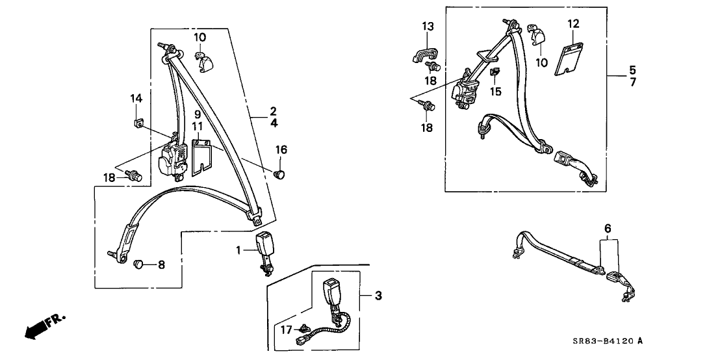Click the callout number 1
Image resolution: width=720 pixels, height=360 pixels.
tap(238, 250)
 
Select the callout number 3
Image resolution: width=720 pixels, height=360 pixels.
tap(378, 296)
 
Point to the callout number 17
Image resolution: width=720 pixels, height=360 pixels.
tap(287, 329)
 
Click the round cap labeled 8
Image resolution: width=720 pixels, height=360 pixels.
tap(138, 264)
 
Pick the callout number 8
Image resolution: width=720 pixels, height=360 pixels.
tap(161, 264)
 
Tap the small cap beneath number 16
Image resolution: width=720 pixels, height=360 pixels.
tap(280, 174)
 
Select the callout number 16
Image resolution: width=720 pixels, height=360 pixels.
tap(281, 149)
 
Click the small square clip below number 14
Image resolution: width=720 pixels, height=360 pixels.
tap(138, 123)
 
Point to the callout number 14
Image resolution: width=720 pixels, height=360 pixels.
tap(136, 98)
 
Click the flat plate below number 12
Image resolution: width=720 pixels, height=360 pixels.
tap(569, 58)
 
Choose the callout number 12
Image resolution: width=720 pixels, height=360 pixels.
tap(574, 23)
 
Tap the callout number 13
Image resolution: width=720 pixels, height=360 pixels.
tap(428, 27)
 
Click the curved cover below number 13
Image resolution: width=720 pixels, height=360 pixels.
tap(422, 54)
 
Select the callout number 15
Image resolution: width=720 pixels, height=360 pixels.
tap(495, 92)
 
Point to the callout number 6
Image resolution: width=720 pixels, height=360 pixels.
tap(608, 228)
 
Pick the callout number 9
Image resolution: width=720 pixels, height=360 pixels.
tap(197, 114)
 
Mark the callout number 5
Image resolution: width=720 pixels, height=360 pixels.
tap(632, 70)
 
